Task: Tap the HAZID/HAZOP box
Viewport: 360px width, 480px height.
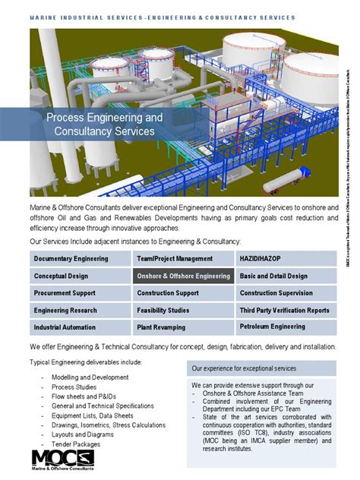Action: click(x=286, y=259)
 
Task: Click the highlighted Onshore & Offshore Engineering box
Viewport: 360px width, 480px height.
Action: click(x=183, y=276)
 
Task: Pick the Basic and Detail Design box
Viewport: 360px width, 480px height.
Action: click(x=286, y=276)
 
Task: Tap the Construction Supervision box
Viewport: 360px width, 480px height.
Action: click(x=286, y=293)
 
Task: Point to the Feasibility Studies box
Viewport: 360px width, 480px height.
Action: click(x=183, y=311)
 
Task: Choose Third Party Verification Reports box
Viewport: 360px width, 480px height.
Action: click(x=286, y=311)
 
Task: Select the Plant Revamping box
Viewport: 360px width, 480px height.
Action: click(x=183, y=327)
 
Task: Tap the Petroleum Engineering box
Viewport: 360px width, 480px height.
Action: click(x=286, y=327)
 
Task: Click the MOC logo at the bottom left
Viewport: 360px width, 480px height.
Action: click(x=62, y=460)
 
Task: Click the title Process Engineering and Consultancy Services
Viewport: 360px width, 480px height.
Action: click(x=105, y=125)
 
